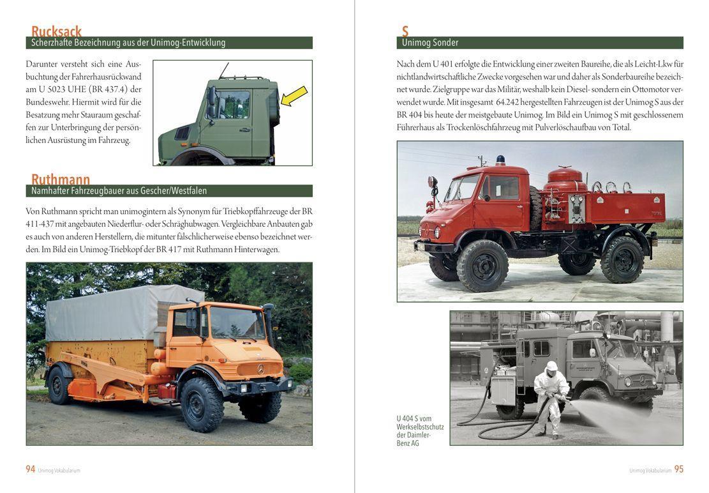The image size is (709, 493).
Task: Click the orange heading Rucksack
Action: [x=56, y=31]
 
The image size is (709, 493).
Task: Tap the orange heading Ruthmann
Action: [x=61, y=179]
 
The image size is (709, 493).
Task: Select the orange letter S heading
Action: [x=405, y=31]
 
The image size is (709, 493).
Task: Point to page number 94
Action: [x=31, y=469]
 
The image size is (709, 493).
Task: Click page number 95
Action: [x=678, y=469]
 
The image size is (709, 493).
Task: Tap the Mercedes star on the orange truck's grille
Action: [x=260, y=369]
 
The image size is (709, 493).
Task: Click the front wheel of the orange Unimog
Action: [x=202, y=404]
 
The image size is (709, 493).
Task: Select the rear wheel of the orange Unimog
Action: [x=61, y=385]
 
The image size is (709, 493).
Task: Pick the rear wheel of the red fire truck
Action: [x=622, y=259]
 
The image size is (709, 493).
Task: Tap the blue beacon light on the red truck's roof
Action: [x=500, y=159]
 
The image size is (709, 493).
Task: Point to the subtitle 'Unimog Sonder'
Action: [x=429, y=43]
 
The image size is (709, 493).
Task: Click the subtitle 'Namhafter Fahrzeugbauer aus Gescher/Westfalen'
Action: [x=119, y=191]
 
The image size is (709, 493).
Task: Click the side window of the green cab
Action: [x=235, y=103]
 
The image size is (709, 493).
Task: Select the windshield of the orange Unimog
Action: [x=237, y=322]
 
